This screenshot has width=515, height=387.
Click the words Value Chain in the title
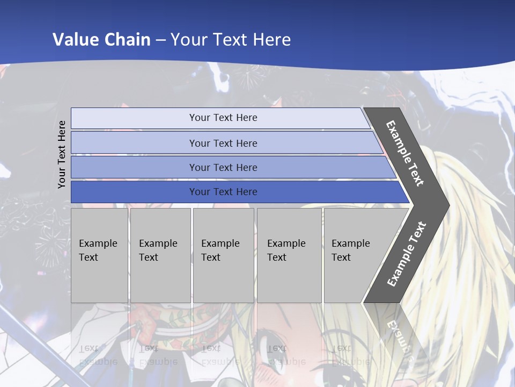pos(101,39)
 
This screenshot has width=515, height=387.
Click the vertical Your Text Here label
pos(62,154)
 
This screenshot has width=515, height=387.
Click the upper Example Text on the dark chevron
pos(405,153)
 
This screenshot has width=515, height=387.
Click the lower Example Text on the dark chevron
pos(407,254)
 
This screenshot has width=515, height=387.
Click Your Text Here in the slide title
pos(231,39)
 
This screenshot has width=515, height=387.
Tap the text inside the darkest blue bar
pos(223,192)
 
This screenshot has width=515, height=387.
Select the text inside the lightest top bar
pos(223,118)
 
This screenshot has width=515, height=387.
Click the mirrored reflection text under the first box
pos(98,355)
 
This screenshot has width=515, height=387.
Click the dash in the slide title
pos(160,39)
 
